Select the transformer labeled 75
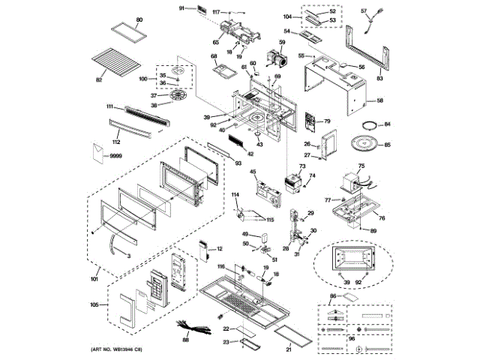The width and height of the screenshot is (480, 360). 350,182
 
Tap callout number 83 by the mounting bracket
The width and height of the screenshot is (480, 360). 379,77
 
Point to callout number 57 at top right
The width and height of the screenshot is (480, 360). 364,11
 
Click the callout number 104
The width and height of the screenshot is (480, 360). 289,15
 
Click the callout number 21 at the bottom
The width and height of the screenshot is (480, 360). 289,348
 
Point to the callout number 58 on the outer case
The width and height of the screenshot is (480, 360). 379,100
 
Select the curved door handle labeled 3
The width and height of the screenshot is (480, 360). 114,245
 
